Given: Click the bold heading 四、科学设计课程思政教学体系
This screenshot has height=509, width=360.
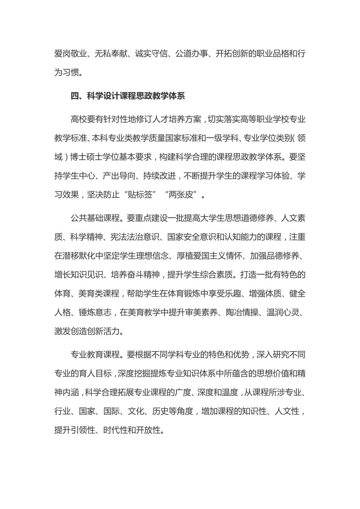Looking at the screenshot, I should [x=128, y=96].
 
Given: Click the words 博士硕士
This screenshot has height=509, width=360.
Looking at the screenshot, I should [x=86, y=157].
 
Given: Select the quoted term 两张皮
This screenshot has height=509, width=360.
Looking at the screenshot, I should [x=182, y=194].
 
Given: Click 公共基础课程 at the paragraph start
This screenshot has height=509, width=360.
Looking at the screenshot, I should [x=95, y=218].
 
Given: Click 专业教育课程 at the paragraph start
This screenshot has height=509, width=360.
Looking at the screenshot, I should [x=95, y=354].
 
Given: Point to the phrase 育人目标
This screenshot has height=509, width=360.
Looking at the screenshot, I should [x=95, y=373].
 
